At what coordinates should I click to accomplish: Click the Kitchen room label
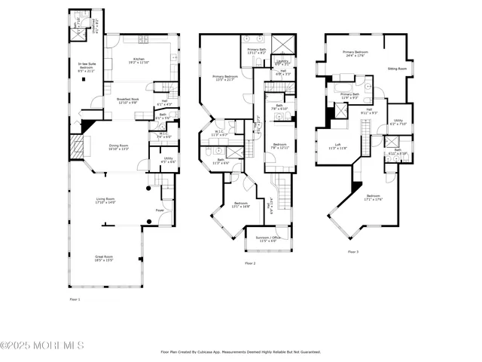click(139, 58)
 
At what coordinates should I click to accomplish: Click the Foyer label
click(160, 210)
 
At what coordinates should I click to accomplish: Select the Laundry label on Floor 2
click(282, 61)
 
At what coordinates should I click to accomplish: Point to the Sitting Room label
click(397, 68)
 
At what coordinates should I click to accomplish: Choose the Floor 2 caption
click(250, 263)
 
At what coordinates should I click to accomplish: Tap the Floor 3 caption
click(353, 251)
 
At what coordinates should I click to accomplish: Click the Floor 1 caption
click(74, 299)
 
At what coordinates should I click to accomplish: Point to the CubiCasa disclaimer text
click(241, 351)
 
